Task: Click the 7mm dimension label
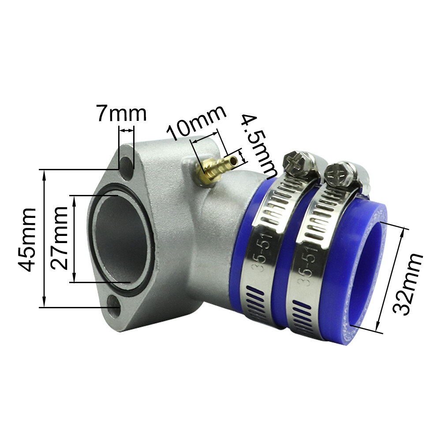[x=121, y=114]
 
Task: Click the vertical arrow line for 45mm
[x=44, y=239]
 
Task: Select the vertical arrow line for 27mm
[x=74, y=239]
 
